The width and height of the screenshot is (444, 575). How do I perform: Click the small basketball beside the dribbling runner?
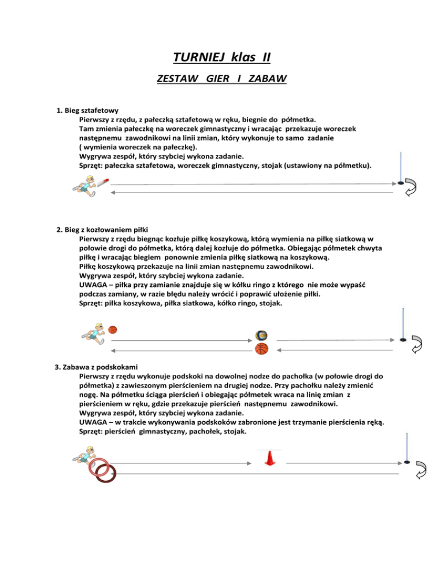pyautogui.click(x=112, y=330)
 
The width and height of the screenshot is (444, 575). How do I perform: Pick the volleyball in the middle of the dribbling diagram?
pyautogui.click(x=262, y=336)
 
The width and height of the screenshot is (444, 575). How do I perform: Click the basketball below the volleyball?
pyautogui.click(x=262, y=349)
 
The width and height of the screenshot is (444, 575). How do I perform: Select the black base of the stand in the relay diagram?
pyautogui.click(x=401, y=183)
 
